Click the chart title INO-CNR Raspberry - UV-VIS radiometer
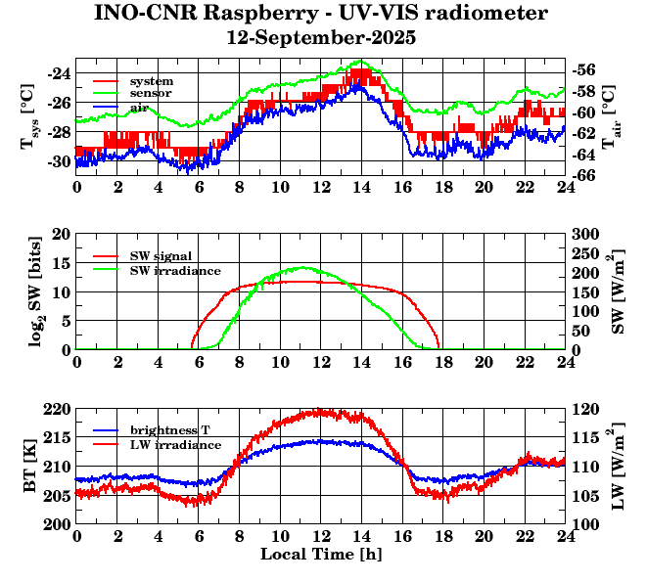[321, 14]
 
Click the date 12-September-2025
[321, 39]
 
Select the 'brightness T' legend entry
[168, 430]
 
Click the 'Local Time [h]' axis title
[321, 555]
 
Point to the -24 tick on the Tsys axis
[59, 73]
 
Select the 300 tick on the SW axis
[586, 234]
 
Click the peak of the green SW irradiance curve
[302, 267]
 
